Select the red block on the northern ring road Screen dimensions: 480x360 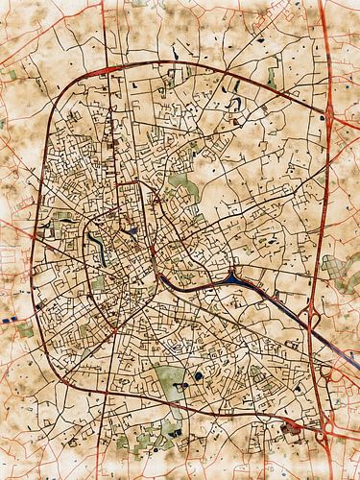pyautogui.click(x=100, y=71)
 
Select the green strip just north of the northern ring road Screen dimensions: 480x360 pyautogui.click(x=272, y=74)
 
